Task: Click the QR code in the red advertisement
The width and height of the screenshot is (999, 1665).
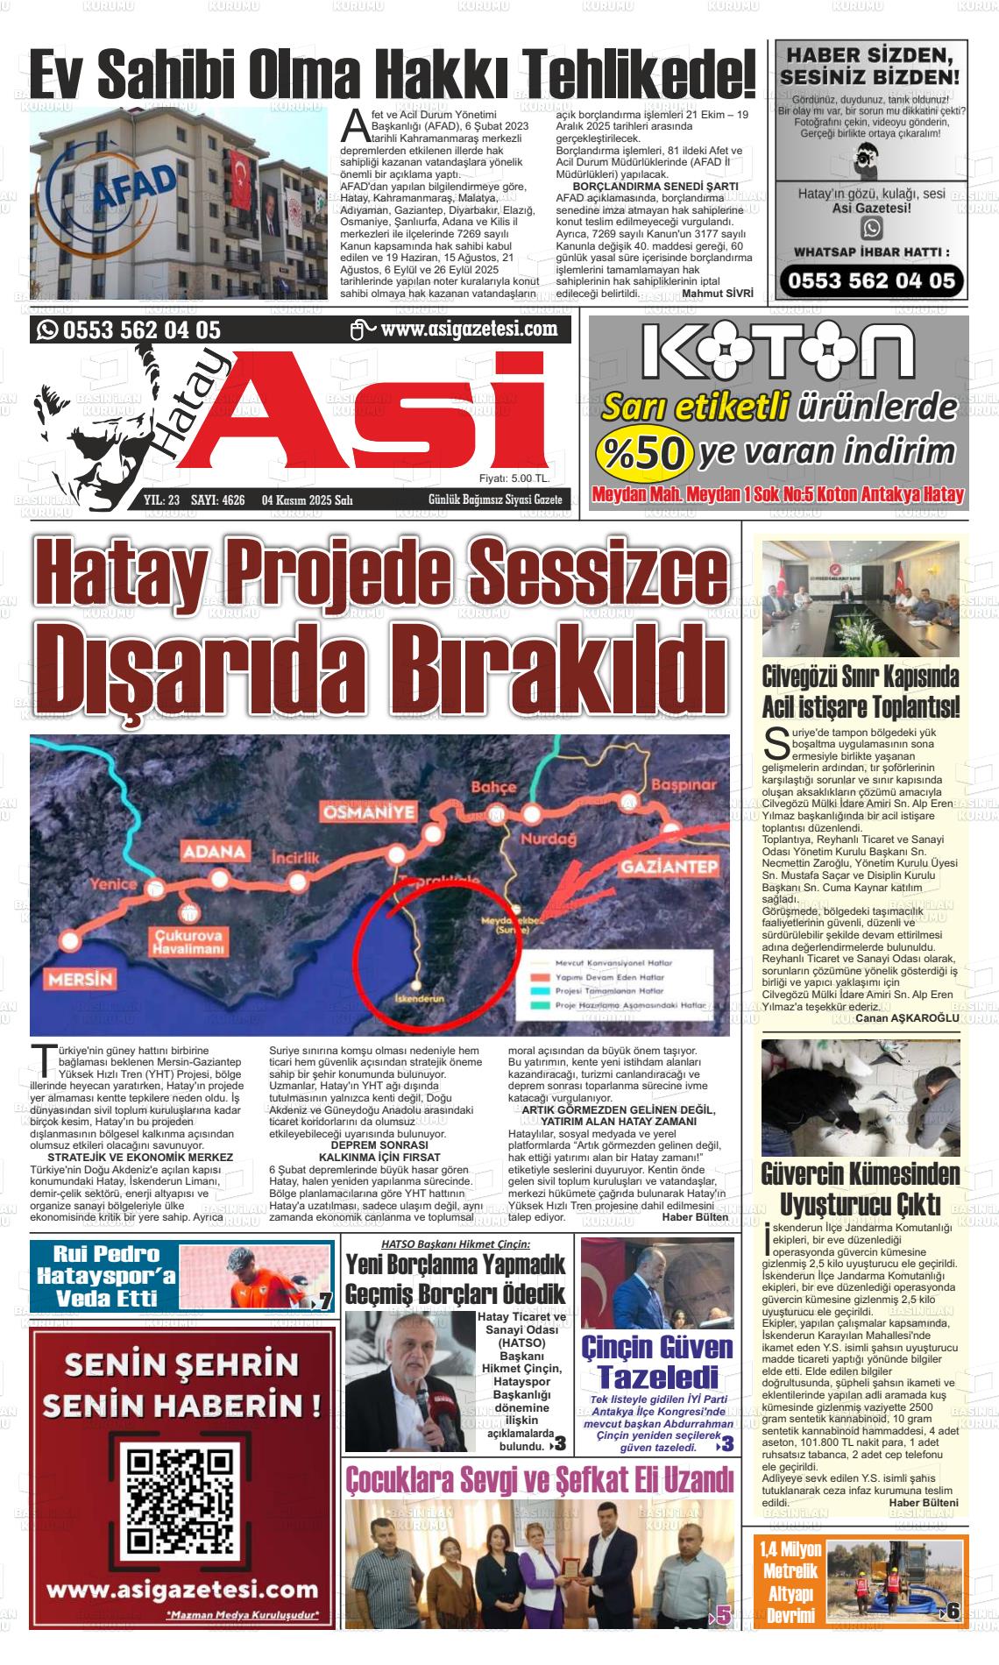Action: (x=181, y=1500)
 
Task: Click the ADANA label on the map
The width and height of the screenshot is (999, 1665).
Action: (x=213, y=851)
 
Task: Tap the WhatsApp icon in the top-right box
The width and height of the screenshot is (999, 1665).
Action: (x=871, y=228)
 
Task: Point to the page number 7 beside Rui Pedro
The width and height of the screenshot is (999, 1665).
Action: (x=324, y=1302)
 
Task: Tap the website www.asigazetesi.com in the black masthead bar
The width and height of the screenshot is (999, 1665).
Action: (x=470, y=329)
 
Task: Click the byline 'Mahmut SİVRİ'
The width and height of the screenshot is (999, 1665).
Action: (x=717, y=294)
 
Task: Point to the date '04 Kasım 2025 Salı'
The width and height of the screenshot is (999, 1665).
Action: (x=307, y=500)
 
